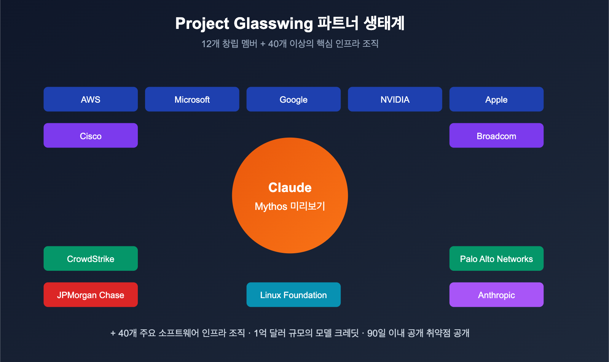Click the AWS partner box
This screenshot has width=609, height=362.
pos(91,99)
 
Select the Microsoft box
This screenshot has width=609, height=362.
pos(192,99)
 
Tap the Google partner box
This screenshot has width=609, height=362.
pos(293,99)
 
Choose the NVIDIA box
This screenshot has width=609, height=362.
pos(395,99)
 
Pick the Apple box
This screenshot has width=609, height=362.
pos(496,99)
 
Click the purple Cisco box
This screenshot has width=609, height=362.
pos(91,136)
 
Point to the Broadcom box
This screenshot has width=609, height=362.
pos(496,136)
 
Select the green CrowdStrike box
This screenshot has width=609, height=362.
pos(91,259)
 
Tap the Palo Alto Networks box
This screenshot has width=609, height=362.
pos(496,259)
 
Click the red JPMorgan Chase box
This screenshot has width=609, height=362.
pos(91,295)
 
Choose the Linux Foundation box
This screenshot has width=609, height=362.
pos(293,295)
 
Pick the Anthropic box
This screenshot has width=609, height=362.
pos(496,295)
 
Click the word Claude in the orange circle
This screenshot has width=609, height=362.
pos(290,187)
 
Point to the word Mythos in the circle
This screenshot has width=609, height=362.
pos(271,206)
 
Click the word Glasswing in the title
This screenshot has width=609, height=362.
pos(273,24)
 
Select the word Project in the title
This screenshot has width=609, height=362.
pos(202,24)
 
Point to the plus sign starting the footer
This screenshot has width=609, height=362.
pos(113,333)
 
